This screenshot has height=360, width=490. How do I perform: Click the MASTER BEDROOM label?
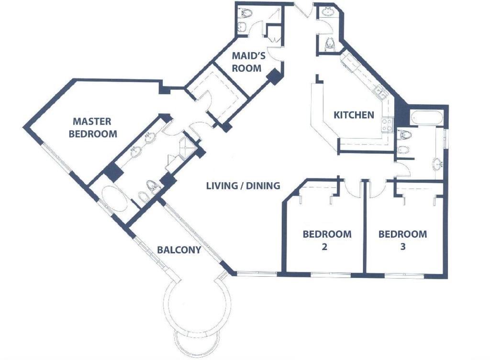tap(93, 127)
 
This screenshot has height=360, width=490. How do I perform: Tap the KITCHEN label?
tap(354, 115)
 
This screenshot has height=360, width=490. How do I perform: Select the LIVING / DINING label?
tap(243, 186)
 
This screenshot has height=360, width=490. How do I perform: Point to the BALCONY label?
tap(179, 250)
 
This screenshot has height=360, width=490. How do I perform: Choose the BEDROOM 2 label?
tap(327, 240)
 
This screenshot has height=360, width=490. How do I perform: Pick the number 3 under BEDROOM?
tap(403, 247)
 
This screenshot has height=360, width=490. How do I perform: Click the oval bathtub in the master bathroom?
tap(114, 199)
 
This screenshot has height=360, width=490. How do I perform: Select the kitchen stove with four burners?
tap(387, 125)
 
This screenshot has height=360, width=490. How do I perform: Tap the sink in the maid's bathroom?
tap(242, 27)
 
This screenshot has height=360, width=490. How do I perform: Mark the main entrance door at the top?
tap(302, 10)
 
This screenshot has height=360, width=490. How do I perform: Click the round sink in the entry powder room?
tap(328, 11)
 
